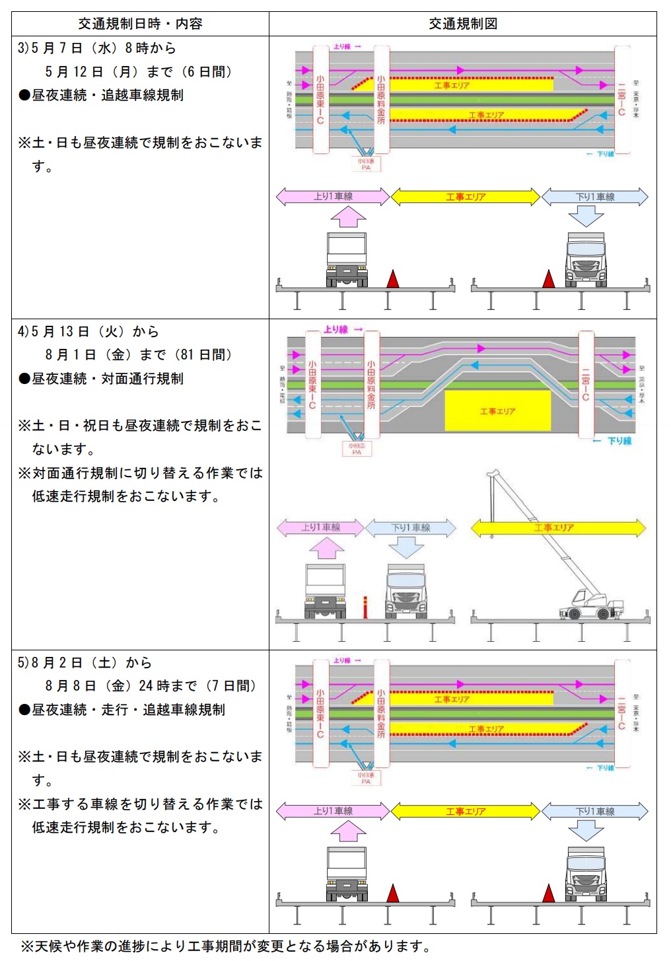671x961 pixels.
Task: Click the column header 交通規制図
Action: point(462,24)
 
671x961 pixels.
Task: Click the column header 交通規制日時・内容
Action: point(140,24)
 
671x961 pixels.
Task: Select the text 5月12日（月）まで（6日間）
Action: point(138,71)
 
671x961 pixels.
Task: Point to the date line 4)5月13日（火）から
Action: point(88,331)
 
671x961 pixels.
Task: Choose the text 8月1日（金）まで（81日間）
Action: point(138,355)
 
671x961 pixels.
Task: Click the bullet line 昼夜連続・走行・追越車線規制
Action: point(122,710)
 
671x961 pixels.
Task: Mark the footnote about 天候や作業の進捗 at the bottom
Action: point(225,946)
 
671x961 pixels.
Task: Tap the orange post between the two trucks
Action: point(365,607)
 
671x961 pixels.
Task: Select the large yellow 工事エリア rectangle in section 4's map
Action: point(497,410)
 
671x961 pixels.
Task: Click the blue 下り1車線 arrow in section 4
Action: point(410,527)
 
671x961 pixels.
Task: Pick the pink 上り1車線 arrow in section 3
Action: point(333,196)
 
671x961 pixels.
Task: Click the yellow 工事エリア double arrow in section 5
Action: point(466,811)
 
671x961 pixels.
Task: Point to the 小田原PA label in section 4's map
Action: point(357,449)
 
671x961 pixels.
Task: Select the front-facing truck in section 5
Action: point(586,874)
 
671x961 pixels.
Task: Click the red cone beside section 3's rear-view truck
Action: point(393,279)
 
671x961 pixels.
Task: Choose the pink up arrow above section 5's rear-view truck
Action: point(347,831)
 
